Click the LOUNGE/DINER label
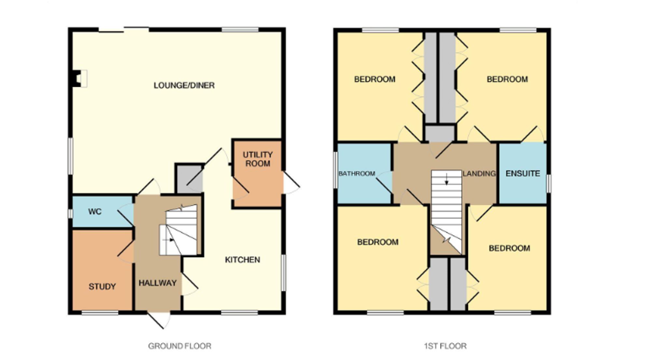click(184, 85)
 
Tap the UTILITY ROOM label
click(257, 159)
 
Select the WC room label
click(95, 212)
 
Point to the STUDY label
click(102, 286)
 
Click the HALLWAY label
click(158, 283)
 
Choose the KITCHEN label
click(242, 260)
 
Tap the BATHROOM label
click(357, 173)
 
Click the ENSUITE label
click(523, 173)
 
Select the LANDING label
click(479, 173)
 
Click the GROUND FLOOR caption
click(180, 346)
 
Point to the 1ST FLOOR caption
click(445, 346)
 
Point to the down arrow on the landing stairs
click(447, 179)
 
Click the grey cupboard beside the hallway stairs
click(189, 179)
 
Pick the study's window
click(100, 313)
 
